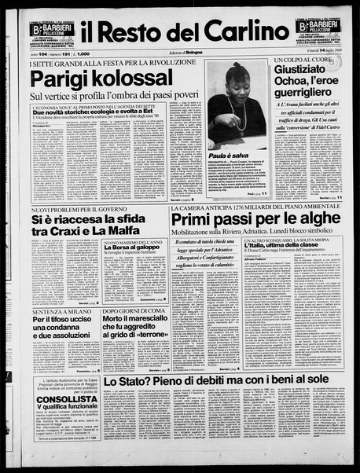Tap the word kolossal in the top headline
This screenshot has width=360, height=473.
pyautogui.click(x=139, y=80)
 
